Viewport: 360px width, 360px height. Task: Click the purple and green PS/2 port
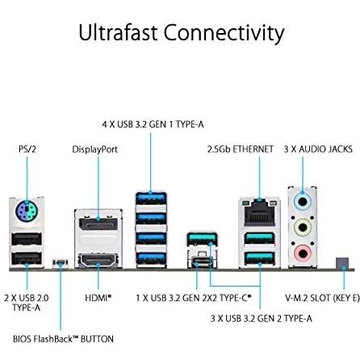click(27, 211)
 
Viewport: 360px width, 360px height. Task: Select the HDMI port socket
click(98, 260)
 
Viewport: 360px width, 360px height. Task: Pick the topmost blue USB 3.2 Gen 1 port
click(151, 199)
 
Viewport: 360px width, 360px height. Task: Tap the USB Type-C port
click(203, 262)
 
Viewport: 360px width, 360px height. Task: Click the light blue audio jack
click(302, 202)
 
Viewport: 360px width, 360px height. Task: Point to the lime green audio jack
click(302, 228)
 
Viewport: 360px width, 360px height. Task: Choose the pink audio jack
click(303, 253)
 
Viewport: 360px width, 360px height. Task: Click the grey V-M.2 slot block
click(342, 263)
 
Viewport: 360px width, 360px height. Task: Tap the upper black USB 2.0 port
click(27, 239)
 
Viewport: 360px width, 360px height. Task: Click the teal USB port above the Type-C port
click(203, 239)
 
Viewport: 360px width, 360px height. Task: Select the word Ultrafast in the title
click(118, 33)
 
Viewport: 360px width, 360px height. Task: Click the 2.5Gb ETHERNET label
click(241, 149)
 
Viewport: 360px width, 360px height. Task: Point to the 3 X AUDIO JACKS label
click(318, 149)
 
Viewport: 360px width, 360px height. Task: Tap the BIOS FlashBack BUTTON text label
click(63, 339)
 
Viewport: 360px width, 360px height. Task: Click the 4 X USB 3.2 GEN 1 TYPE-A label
click(153, 124)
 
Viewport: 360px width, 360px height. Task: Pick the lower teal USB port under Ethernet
click(260, 258)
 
